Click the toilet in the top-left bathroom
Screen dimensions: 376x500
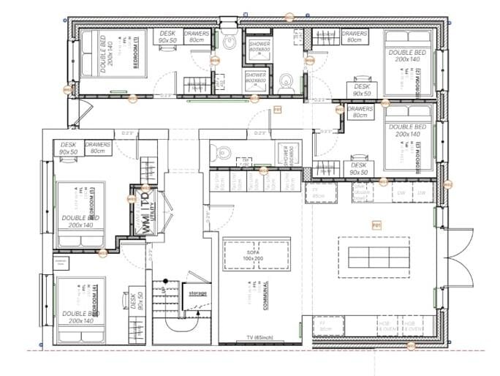pos(230,42)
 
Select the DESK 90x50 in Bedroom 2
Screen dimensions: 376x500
pos(361,90)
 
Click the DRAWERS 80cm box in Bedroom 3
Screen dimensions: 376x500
pos(360,112)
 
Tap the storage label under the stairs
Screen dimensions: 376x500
pos(198,293)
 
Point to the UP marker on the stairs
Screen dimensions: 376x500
pos(162,290)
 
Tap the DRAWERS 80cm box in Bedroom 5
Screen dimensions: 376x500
pos(97,148)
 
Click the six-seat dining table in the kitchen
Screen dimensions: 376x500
pos(373,257)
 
